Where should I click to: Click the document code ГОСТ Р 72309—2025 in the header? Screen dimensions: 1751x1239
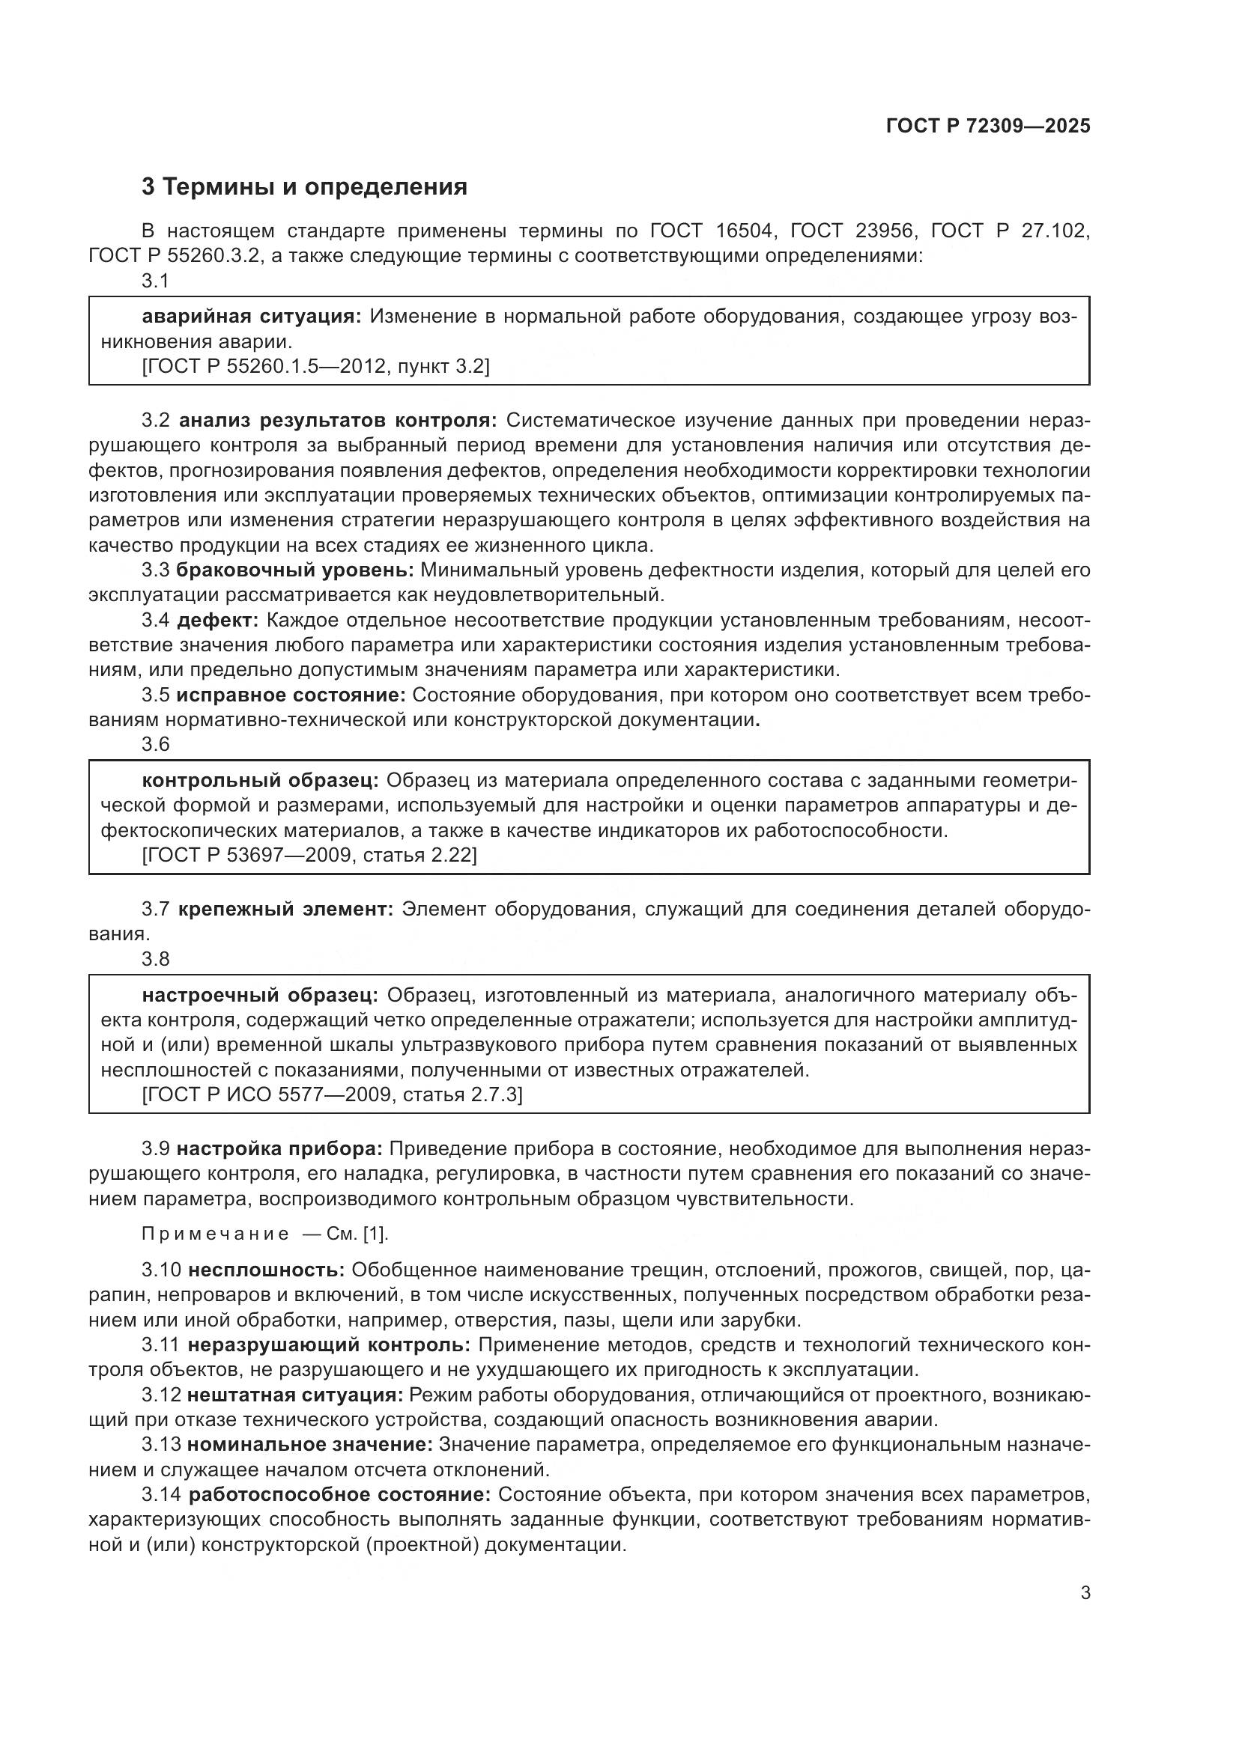coord(988,126)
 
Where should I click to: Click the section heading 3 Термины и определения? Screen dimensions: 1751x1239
coord(303,187)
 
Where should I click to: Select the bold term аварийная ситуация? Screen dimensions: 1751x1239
coord(252,316)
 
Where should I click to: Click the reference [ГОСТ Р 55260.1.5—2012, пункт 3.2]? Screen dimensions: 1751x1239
coord(315,366)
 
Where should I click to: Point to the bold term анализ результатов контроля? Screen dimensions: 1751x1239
coord(337,420)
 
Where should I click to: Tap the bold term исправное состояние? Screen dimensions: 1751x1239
coord(291,695)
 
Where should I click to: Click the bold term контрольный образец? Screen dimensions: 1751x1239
coord(260,780)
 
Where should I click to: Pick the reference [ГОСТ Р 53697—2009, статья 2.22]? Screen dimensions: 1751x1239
coord(309,855)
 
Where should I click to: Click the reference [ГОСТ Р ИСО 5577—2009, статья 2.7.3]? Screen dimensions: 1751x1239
coord(332,1094)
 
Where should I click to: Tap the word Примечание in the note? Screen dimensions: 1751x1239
coord(215,1234)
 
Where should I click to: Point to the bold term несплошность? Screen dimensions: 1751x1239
coord(266,1270)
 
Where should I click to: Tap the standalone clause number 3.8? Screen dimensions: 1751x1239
coord(156,959)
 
